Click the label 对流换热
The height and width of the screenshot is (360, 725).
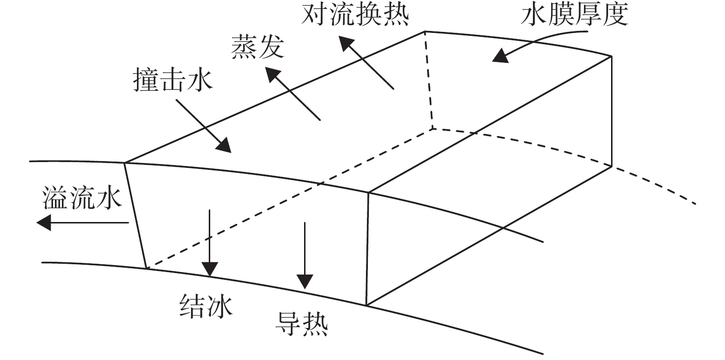[355, 15]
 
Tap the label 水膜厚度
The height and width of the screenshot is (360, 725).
[575, 15]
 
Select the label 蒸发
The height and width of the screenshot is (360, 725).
[258, 47]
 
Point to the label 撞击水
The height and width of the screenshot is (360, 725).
[173, 79]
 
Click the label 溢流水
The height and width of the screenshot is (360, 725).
[82, 198]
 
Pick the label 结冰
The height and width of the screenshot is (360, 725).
[206, 306]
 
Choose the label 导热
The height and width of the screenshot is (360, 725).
[302, 324]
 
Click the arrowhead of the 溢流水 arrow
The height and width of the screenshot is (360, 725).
[44, 223]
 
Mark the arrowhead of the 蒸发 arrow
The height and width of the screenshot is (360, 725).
[272, 75]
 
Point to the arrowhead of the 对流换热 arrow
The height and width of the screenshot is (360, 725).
[346, 44]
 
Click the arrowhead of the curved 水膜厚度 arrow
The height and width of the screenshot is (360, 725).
[500, 55]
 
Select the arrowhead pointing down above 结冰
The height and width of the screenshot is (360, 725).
[210, 269]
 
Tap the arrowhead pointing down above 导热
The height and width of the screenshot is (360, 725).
[305, 281]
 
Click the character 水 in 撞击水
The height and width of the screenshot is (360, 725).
[200, 79]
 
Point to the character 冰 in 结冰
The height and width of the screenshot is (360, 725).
[220, 306]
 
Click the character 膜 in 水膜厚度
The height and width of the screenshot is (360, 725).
[561, 15]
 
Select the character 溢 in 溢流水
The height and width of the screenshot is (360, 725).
[56, 198]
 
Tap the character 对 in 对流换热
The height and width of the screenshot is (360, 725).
[314, 15]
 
